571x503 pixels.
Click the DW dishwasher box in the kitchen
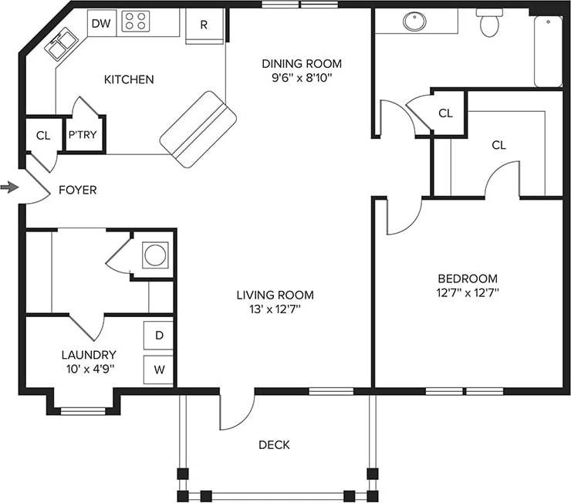[101, 23]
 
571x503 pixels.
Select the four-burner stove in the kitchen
[137, 22]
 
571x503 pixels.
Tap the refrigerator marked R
[204, 25]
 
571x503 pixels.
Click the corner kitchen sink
[61, 46]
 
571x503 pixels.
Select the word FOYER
[78, 190]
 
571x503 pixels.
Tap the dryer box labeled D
[159, 336]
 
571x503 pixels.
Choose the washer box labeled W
[159, 370]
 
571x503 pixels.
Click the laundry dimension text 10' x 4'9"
[89, 369]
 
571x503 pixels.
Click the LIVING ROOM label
[275, 295]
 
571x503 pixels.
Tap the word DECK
[274, 445]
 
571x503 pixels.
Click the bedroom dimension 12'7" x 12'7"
[468, 292]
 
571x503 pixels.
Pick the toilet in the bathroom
[488, 25]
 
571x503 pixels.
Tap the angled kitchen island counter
[198, 130]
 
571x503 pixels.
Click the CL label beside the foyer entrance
[42, 136]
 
